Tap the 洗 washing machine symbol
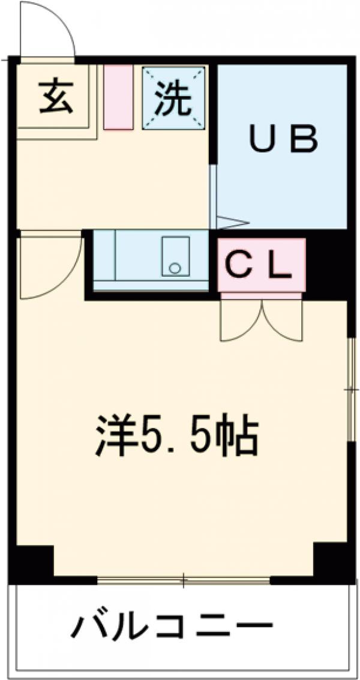tap(173, 97)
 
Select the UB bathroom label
tap(282, 140)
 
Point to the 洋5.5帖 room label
tap(177, 435)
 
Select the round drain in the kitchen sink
tap(175, 268)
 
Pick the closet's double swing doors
tap(262, 318)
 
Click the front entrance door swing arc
tap(48, 30)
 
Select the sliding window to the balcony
tap(184, 580)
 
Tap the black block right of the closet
tap(327, 264)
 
